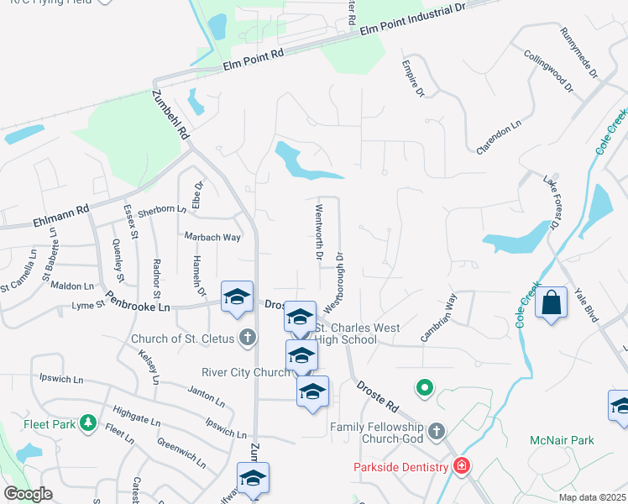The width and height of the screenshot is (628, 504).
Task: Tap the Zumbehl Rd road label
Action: pos(170,114)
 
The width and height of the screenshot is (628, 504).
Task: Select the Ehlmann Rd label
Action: pos(60,216)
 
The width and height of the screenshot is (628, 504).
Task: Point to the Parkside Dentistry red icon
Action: pos(460,465)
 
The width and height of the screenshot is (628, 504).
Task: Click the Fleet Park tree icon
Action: pos(87,424)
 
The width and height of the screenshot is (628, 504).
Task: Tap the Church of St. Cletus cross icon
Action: pos(247,339)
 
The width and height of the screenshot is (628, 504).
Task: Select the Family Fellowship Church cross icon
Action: pos(435,432)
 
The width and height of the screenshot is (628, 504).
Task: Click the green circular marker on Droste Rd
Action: pos(425,388)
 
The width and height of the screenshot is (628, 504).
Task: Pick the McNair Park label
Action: pos(562,440)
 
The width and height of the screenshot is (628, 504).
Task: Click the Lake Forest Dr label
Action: pos(551,202)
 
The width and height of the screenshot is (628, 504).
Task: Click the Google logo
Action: pos(28,494)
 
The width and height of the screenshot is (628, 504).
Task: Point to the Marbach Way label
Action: pos(212,238)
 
